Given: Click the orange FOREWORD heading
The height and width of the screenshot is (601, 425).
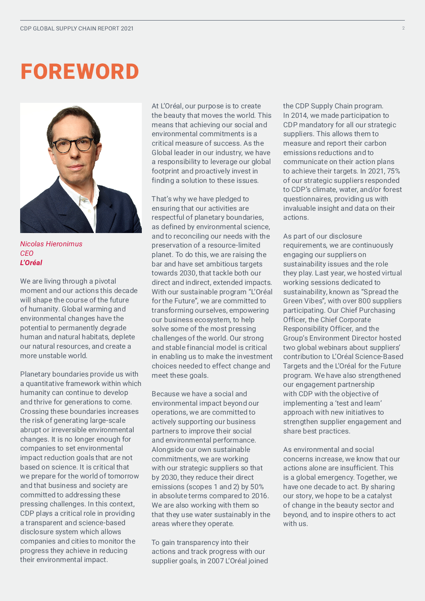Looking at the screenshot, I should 80,72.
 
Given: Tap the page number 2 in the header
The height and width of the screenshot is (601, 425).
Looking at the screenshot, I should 403,28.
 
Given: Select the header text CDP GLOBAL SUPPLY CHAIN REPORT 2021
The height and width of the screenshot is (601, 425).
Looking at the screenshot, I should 77,29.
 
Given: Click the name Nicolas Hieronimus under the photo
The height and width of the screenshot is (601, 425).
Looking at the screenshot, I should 51,244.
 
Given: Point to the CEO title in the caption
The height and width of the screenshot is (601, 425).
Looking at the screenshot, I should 27,253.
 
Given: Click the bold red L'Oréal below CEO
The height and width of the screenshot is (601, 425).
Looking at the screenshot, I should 31,263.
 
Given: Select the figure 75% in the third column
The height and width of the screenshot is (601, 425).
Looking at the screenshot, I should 393,171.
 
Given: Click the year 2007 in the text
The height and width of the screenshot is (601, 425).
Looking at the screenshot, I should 215,561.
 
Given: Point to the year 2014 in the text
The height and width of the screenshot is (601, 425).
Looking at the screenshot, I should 299,115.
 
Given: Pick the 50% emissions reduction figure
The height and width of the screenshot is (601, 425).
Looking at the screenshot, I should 256,487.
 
